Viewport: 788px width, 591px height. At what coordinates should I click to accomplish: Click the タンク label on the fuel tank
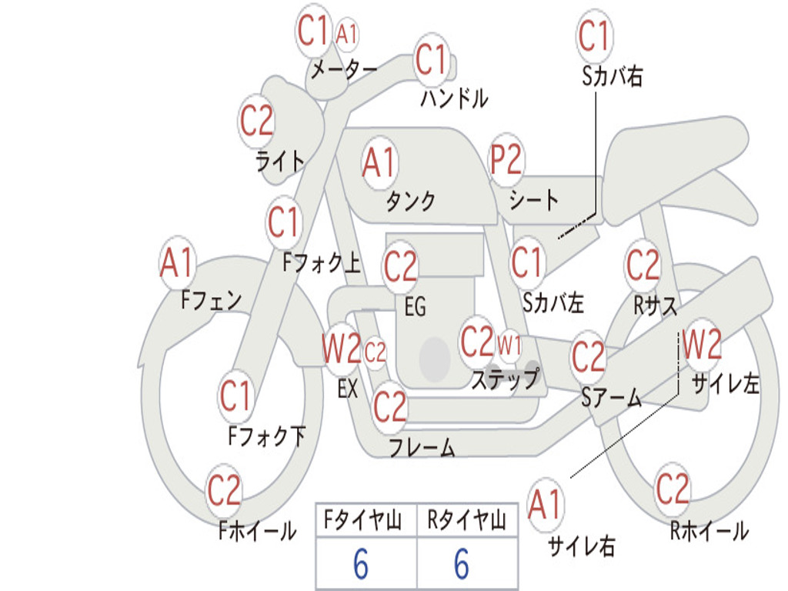pos(410,201)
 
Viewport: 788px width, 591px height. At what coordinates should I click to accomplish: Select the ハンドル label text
pos(454,98)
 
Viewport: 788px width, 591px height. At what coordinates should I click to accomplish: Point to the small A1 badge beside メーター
pos(348,34)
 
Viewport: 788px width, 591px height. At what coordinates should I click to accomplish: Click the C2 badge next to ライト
pos(256,121)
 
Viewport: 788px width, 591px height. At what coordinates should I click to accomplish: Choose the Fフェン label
pos(211,299)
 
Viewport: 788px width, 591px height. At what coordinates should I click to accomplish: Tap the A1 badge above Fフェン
pos(178,263)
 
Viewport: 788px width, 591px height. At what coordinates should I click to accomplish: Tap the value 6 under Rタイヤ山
pos(461,565)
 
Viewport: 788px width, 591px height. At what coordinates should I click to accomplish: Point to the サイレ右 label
pos(581,546)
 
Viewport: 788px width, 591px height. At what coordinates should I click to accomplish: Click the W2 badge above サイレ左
pos(702,346)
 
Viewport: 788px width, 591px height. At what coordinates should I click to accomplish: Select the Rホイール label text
pos(709,531)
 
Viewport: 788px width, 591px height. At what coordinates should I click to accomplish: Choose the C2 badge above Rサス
pos(643,265)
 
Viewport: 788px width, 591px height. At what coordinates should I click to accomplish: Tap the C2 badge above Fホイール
pos(224,490)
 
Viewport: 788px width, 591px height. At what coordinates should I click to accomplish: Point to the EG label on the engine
pos(415,307)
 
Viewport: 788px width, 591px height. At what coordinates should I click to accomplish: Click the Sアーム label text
pos(611,398)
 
